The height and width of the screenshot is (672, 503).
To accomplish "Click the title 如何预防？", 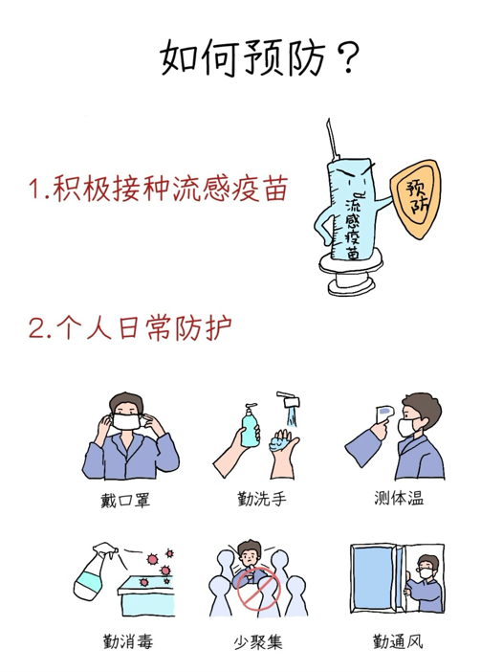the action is click(259, 57).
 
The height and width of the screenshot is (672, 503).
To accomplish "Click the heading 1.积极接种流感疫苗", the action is click(159, 189).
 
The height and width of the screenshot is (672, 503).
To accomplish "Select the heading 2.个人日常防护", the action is click(130, 327).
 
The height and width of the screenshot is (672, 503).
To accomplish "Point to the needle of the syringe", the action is click(332, 138).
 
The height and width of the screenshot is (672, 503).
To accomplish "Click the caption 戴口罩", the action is click(125, 500).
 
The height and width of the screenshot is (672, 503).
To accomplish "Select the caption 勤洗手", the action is click(262, 499).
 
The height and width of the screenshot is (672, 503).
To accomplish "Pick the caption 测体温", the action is click(399, 498).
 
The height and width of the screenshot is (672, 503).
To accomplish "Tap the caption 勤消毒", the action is click(127, 641).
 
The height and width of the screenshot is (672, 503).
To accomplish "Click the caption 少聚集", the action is click(258, 642).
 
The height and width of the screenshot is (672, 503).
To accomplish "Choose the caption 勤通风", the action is click(398, 641).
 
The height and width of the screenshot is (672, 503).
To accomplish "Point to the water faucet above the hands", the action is click(289, 399).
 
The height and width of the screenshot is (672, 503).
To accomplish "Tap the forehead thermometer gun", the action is click(383, 414).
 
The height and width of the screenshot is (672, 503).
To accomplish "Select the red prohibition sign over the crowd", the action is click(259, 589).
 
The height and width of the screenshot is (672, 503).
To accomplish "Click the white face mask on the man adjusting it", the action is click(126, 421).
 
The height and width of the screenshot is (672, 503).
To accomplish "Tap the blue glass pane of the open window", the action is click(373, 577).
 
